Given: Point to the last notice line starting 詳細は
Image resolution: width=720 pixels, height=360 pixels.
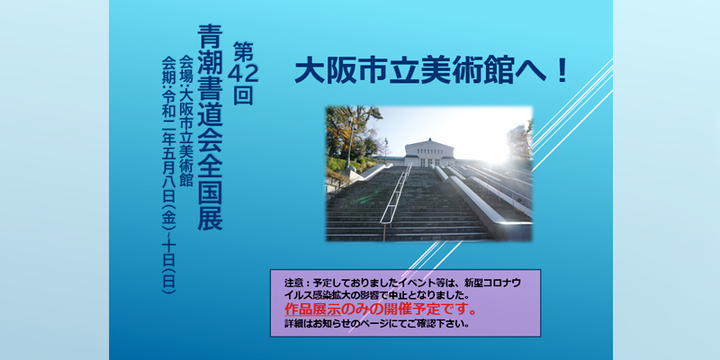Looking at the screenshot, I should point(377,323).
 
